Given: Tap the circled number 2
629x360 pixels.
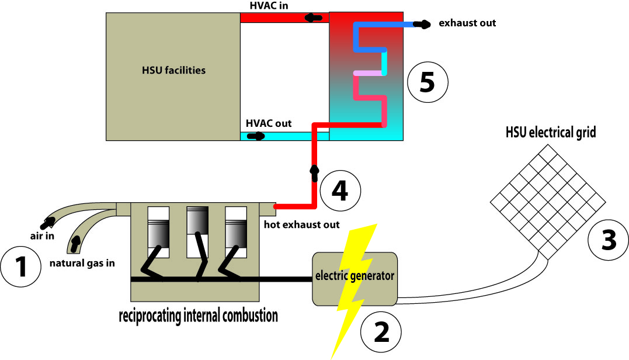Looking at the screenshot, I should coord(381,333).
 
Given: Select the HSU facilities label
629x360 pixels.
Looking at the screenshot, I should coord(173,71).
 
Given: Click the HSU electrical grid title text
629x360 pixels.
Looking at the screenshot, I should coord(551,133).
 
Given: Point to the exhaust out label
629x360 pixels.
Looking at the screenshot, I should coord(467,23).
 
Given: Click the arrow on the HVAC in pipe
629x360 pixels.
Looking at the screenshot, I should coord(314,18).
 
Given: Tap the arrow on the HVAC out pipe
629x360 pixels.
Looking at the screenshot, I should coord(256,136).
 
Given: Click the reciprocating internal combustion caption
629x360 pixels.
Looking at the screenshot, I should coord(198,316).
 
